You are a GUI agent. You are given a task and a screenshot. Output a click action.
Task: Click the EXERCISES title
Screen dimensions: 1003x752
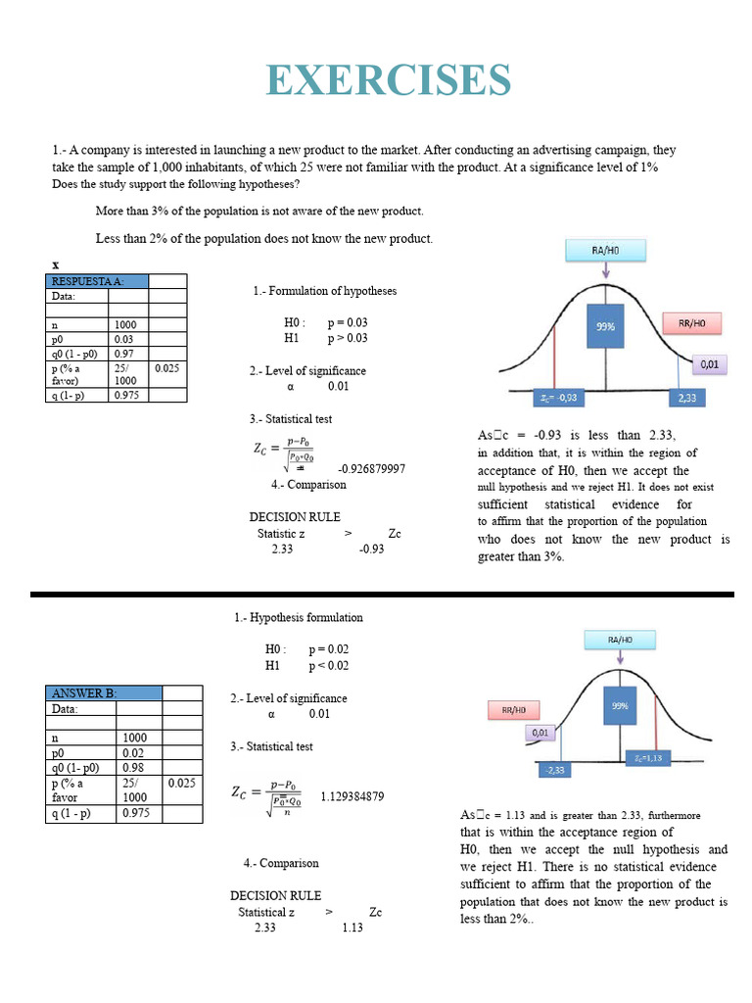[x=389, y=79]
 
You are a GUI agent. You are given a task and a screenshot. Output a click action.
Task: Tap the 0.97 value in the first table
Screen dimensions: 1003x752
[x=124, y=353]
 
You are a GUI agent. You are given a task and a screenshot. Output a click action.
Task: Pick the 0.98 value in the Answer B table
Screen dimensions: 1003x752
[x=133, y=768]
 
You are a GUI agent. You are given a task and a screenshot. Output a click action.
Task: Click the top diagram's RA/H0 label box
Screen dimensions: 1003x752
[x=605, y=251]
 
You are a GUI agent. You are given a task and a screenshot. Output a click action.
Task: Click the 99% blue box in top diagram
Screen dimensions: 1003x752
[x=606, y=328]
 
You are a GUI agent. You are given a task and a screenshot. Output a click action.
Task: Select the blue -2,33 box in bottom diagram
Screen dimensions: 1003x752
[x=553, y=771]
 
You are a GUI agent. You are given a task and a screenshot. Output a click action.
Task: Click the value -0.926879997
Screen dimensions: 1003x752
[x=371, y=469]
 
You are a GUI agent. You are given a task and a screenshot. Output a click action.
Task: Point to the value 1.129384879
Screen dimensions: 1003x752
[x=352, y=796]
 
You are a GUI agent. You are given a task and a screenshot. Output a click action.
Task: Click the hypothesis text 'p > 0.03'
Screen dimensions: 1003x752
[x=348, y=338]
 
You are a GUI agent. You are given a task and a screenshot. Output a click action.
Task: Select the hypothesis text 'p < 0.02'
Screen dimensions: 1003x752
[x=328, y=666]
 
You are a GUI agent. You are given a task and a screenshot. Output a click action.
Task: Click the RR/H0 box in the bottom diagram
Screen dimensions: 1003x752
[x=514, y=709]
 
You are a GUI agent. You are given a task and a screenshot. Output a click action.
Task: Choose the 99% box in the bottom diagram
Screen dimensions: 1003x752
[x=620, y=705]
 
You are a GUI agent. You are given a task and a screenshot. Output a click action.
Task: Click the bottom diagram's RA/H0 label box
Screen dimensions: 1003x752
[x=620, y=640]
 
